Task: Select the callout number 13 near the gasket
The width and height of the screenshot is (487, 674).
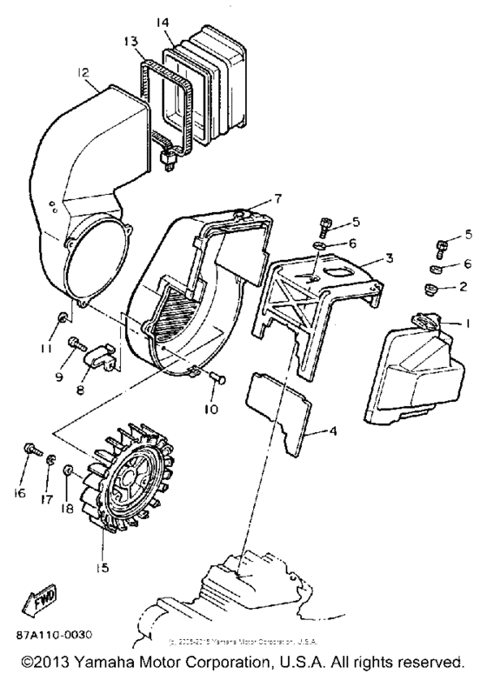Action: (x=130, y=41)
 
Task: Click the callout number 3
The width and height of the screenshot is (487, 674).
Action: (x=390, y=258)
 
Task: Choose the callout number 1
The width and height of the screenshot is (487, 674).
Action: (x=467, y=324)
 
